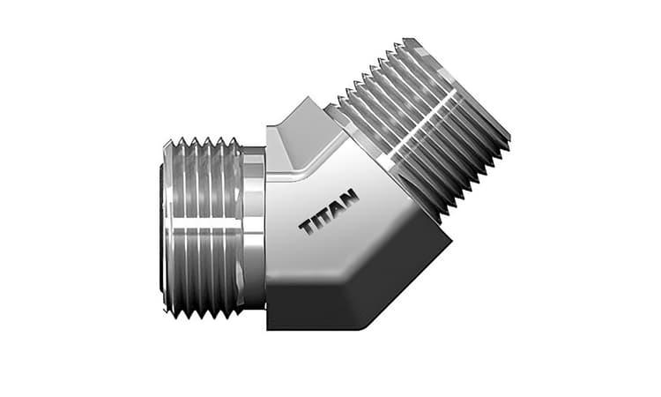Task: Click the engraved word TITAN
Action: click(329, 214)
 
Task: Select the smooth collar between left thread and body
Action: click(254, 228)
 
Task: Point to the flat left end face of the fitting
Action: click(164, 228)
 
